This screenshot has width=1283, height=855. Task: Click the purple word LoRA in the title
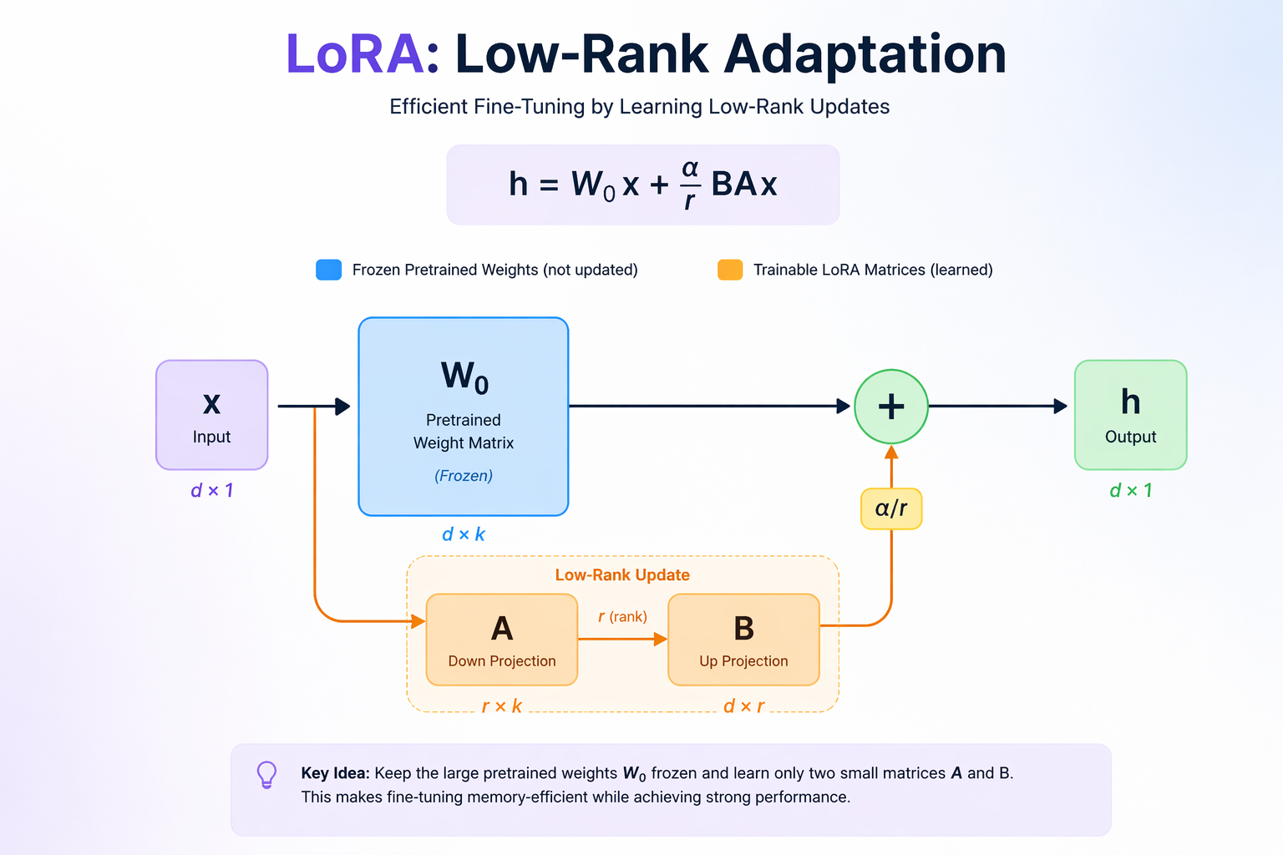coord(355,53)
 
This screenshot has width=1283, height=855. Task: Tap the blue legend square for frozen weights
coord(329,270)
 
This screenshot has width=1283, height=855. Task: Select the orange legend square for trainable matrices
coord(730,270)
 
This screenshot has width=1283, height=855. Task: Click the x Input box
coord(212,415)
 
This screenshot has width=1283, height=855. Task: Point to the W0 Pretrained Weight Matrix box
coord(464,417)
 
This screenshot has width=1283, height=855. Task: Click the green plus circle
coord(891,407)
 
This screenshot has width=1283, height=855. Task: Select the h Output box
coord(1131,415)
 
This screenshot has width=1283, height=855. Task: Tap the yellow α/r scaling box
coord(891,508)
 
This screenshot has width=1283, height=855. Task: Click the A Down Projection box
coord(502,640)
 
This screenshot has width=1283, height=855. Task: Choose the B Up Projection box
coord(743,640)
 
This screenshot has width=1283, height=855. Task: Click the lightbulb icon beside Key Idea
coord(267,775)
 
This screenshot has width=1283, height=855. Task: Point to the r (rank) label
coord(622,616)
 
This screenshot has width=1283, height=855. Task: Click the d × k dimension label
coord(464,534)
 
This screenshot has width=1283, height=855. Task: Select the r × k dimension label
coord(502,706)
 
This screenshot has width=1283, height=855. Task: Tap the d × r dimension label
coord(743,706)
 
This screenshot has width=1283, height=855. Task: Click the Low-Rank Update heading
coord(622,575)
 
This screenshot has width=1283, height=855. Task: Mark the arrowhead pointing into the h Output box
coord(1060,407)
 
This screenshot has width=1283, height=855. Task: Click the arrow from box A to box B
coord(622,639)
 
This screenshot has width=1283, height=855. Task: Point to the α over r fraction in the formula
coord(690,185)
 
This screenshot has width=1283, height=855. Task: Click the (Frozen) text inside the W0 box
coord(464,475)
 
